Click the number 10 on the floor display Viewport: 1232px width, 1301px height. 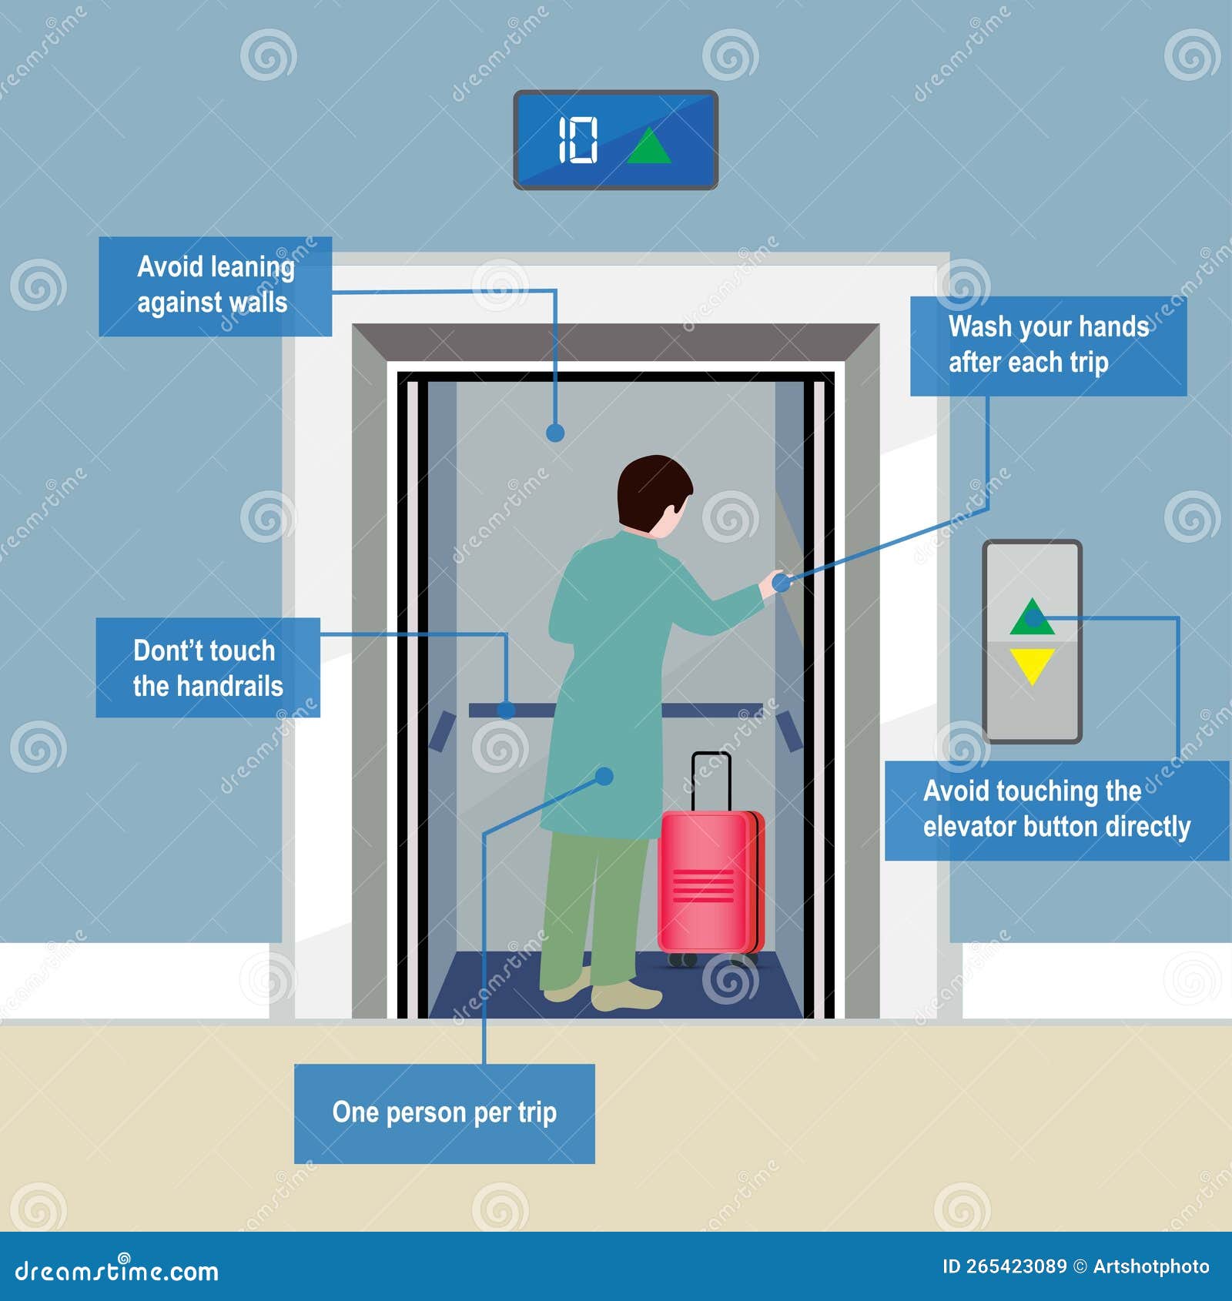(x=577, y=140)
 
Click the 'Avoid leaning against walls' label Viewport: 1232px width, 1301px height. (x=215, y=286)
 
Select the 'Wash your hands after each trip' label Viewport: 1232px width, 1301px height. (x=1048, y=346)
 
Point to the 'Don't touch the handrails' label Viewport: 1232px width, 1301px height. (x=208, y=667)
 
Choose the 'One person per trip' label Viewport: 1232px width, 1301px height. (x=444, y=1113)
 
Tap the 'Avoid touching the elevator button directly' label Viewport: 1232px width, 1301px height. (x=1056, y=810)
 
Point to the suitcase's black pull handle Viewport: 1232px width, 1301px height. (x=711, y=778)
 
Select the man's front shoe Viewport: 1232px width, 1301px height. (x=627, y=997)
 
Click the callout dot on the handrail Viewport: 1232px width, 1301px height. (x=506, y=710)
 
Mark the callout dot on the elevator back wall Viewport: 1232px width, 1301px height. (x=555, y=433)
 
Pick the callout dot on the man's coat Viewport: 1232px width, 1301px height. (x=605, y=776)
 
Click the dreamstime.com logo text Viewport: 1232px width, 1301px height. (x=116, y=1271)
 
